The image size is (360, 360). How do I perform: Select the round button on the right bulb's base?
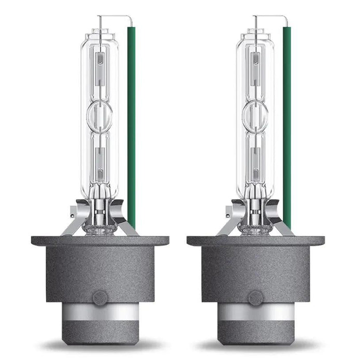[x=255, y=298]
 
